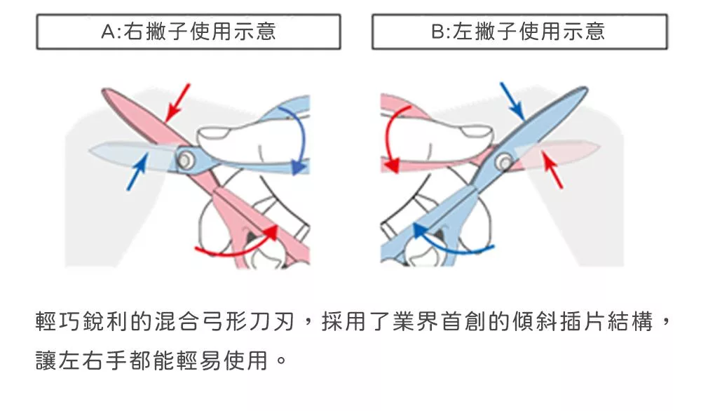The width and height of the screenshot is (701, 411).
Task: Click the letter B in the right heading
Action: coord(438,32)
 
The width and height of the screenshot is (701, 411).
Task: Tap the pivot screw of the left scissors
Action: coord(186,160)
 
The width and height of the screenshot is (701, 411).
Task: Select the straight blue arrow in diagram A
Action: coord(137,172)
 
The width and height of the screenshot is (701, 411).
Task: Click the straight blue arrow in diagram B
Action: coord(512,101)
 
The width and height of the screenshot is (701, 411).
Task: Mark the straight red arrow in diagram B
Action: coord(553,171)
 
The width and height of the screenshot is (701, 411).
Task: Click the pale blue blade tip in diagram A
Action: coord(112,151)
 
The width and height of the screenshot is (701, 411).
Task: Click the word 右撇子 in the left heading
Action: coord(156,32)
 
